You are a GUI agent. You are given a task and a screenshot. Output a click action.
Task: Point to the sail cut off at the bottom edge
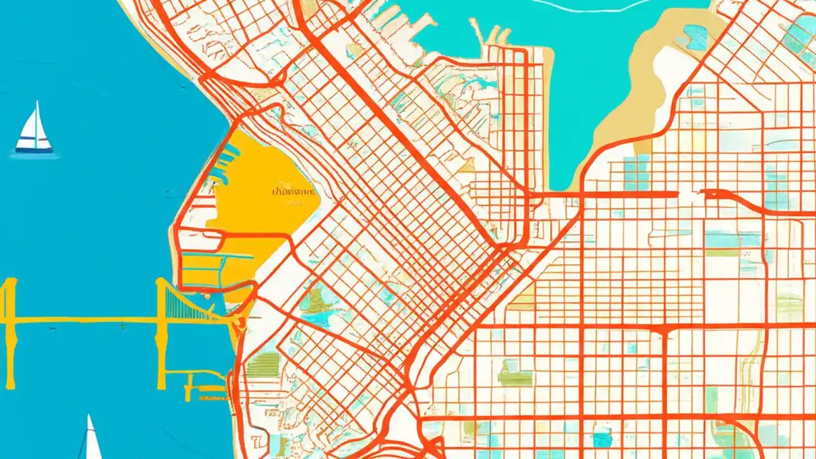click(x=91, y=440)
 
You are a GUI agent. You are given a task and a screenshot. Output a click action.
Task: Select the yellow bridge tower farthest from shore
click(x=9, y=331)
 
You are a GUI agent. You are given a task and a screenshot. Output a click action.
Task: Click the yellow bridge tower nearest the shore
click(x=162, y=331)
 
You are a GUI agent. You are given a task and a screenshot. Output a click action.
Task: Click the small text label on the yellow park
click(x=293, y=191)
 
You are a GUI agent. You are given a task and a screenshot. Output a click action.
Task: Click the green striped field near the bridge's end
click(x=263, y=365)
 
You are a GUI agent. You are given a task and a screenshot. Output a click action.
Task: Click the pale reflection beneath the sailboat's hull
click(x=35, y=156)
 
